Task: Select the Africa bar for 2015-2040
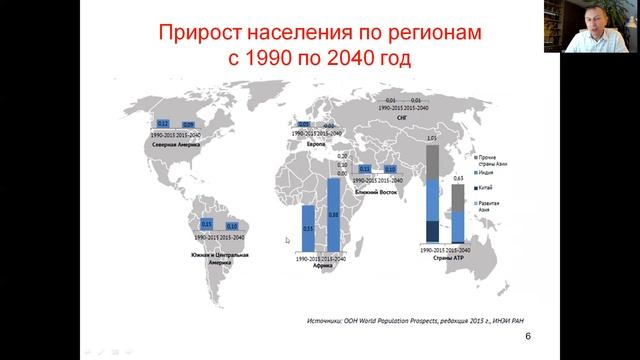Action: point(333,214)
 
